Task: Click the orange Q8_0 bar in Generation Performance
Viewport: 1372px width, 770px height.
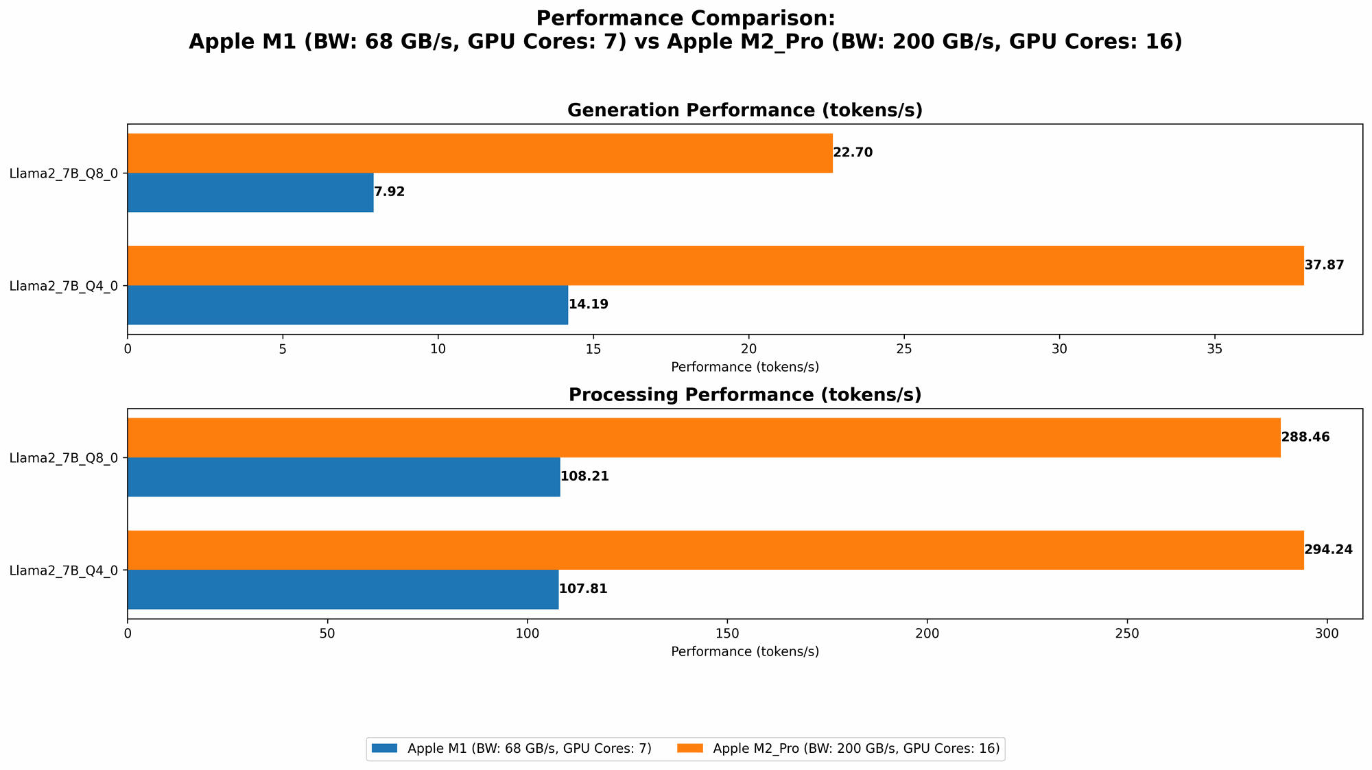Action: click(480, 153)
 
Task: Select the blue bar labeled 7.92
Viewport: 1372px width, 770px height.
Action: click(250, 192)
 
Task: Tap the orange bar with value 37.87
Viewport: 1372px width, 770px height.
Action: click(715, 265)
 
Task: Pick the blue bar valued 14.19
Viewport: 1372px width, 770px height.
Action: click(348, 304)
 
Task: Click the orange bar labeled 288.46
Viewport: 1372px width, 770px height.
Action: click(704, 437)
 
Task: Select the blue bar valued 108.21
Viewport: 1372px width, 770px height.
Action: click(344, 477)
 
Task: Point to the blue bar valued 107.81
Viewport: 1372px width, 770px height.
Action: click(343, 589)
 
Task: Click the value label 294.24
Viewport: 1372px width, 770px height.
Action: click(1328, 550)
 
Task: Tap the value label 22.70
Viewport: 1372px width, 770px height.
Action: click(853, 153)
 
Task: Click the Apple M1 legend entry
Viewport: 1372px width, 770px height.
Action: click(511, 749)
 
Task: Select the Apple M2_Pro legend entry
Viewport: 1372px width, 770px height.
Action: click(840, 749)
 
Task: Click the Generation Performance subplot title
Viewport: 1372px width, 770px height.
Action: click(745, 110)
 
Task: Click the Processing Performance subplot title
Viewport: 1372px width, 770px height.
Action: click(745, 395)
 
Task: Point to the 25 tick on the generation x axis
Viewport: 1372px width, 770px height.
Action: click(904, 349)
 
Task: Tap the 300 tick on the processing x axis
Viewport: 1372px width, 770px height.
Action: click(1327, 634)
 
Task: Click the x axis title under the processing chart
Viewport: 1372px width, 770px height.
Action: click(745, 651)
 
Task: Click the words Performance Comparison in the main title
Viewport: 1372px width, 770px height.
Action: click(685, 19)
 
